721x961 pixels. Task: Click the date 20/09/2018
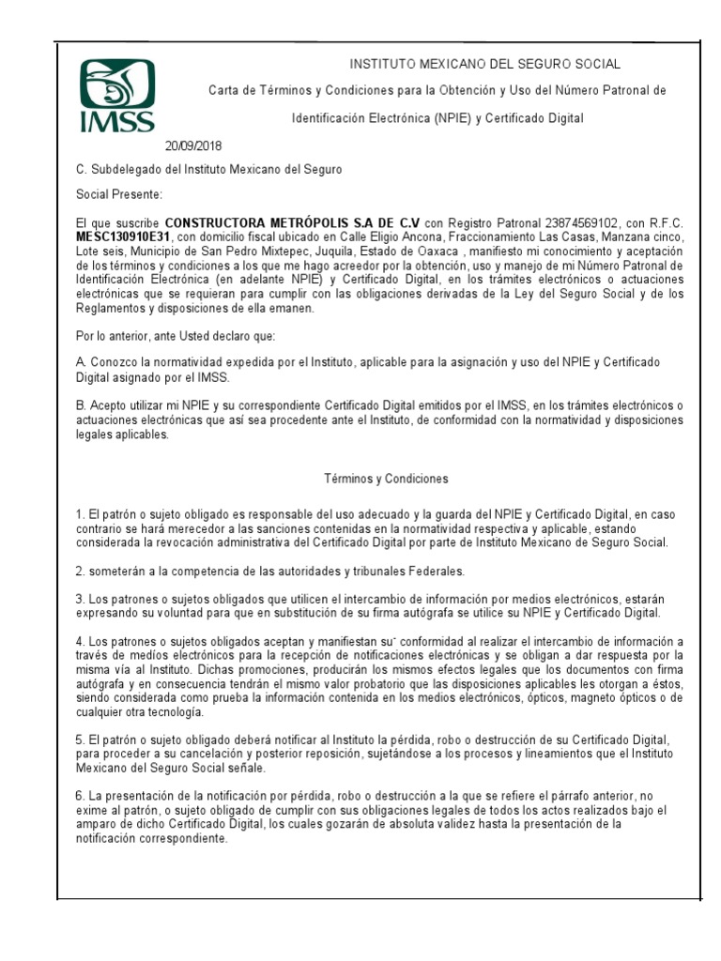click(x=194, y=145)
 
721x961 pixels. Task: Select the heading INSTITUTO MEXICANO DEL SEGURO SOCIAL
click(x=484, y=64)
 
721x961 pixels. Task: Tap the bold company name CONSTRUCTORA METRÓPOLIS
click(x=293, y=222)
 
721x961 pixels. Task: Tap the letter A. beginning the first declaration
click(x=81, y=362)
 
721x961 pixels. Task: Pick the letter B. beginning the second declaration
click(x=81, y=404)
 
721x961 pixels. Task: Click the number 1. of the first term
click(x=80, y=516)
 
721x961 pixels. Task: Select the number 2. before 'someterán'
click(x=80, y=571)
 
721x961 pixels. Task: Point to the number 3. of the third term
click(x=80, y=599)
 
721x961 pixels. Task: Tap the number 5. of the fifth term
click(x=80, y=739)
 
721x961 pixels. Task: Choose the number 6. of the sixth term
click(x=80, y=796)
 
